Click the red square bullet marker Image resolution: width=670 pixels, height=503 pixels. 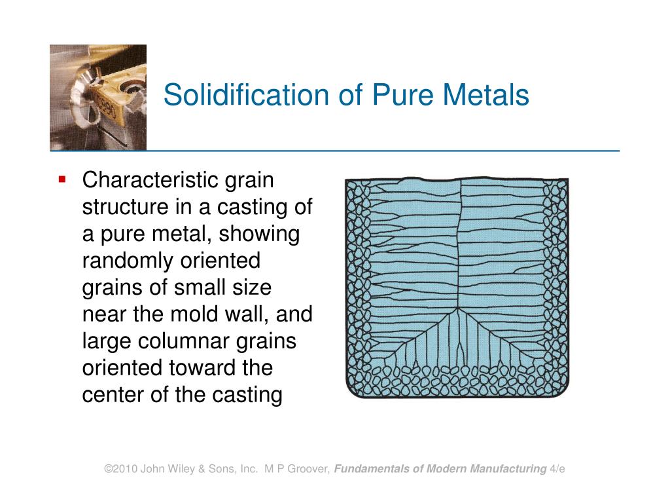63,179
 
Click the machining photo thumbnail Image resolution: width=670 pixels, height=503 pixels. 98,98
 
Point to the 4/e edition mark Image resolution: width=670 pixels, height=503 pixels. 557,469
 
